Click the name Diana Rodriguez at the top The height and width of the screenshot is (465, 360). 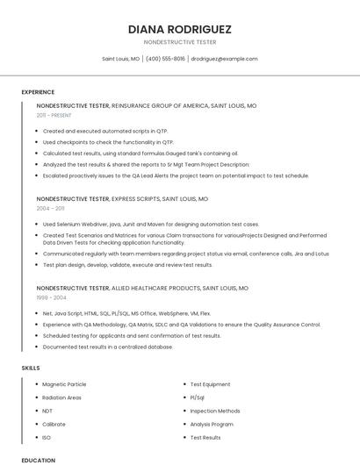click(180, 29)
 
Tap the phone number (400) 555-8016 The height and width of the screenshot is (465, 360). click(165, 59)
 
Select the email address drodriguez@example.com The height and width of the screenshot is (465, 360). click(224, 59)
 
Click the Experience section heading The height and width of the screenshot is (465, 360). click(38, 92)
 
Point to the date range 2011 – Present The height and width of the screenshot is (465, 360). click(54, 115)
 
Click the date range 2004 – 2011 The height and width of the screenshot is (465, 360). click(50, 209)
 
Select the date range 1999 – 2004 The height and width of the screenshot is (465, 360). click(51, 297)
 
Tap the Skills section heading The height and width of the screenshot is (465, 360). click(31, 368)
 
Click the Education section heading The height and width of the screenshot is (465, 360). click(38, 460)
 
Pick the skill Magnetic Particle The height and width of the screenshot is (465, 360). click(64, 384)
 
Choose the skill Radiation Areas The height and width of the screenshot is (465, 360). click(61, 397)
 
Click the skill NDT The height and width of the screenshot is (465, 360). click(47, 411)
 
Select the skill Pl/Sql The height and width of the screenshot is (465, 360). click(197, 397)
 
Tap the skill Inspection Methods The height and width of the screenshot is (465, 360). click(214, 411)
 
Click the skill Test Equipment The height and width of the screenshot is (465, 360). click(210, 384)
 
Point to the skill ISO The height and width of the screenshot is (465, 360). click(47, 437)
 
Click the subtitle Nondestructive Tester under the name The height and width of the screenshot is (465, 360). click(180, 42)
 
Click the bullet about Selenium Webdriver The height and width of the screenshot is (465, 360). click(150, 224)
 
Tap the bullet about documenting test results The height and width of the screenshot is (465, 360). click(107, 347)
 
